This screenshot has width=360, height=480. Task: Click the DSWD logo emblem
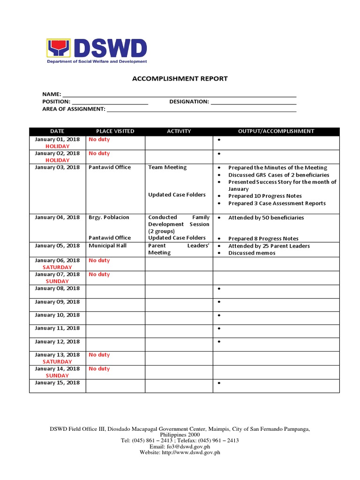tap(58, 48)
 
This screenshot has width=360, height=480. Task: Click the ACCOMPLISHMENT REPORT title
tap(180, 79)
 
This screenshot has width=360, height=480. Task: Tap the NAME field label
tap(52, 94)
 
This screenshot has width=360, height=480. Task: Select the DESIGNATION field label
tap(189, 102)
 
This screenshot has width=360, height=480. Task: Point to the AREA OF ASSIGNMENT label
tap(74, 109)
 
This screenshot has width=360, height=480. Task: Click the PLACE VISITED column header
tap(115, 131)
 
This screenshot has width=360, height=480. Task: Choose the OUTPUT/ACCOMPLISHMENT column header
tap(276, 131)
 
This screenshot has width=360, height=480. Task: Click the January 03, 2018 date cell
tap(57, 167)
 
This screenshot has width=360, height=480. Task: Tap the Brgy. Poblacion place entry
tap(109, 217)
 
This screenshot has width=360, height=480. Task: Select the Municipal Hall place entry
tap(108, 246)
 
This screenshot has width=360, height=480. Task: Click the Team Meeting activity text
tap(167, 167)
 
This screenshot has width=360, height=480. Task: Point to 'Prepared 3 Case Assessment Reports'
tap(277, 203)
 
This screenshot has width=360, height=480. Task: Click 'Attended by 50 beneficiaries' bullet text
tap(266, 218)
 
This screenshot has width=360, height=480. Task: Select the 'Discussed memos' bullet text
tap(252, 253)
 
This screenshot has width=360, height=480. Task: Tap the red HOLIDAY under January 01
tap(57, 147)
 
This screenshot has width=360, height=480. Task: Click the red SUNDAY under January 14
tap(57, 375)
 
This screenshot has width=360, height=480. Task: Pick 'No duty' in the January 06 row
tap(99, 260)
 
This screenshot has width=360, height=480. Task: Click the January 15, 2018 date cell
tap(57, 383)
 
